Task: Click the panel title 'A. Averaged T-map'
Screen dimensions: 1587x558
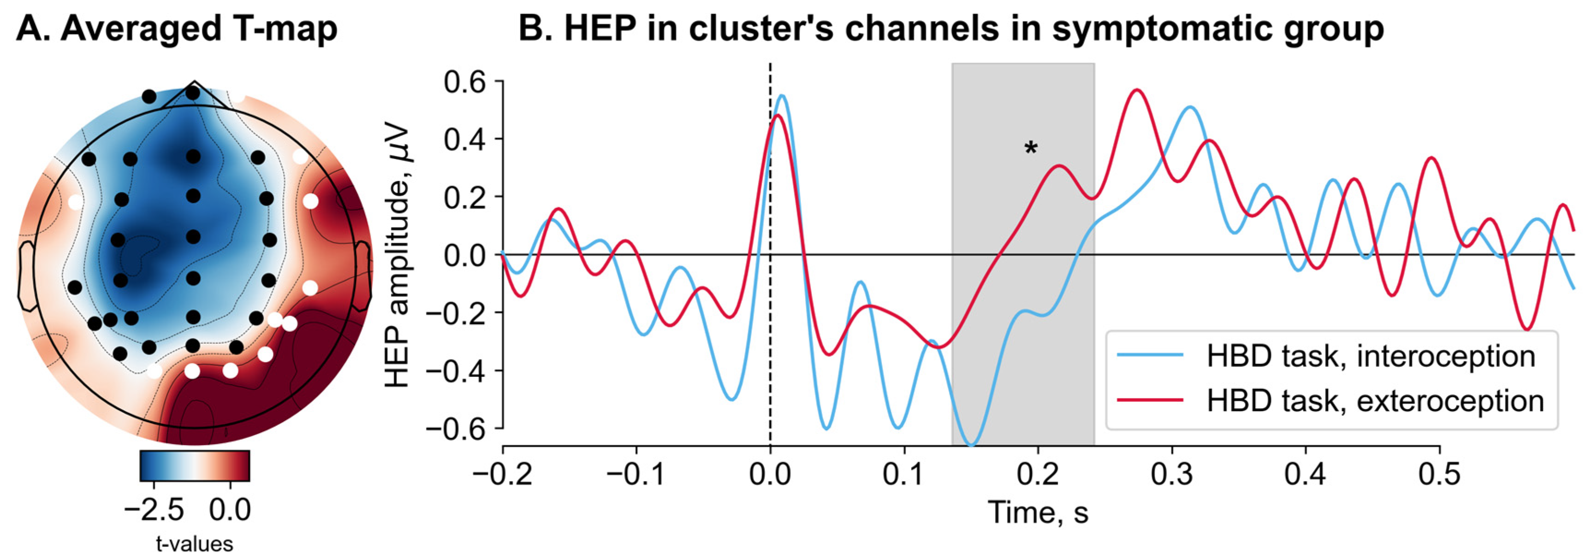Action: point(176,29)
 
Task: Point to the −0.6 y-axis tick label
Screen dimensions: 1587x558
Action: point(456,428)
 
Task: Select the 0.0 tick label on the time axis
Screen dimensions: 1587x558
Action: point(770,474)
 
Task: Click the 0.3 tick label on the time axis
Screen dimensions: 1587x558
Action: point(1172,474)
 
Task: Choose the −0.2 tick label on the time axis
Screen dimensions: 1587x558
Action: point(503,474)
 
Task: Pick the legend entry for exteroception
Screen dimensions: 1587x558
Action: point(1329,400)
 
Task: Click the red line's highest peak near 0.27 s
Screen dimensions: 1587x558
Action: point(1137,90)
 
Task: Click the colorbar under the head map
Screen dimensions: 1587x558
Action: point(195,466)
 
